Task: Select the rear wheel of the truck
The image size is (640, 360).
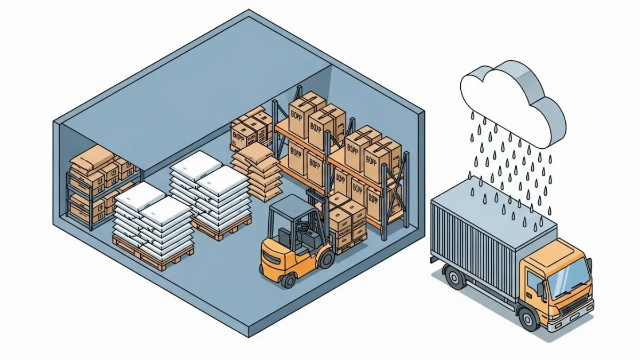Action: click(455, 278)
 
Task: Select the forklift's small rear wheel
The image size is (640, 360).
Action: click(289, 279)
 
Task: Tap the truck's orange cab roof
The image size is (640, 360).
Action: click(555, 250)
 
